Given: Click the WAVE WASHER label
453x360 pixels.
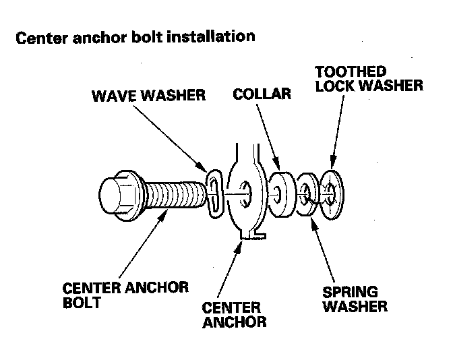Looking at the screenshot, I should point(148,96).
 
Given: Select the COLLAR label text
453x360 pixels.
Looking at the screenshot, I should point(262,94).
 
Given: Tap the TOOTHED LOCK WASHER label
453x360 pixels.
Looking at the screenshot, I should point(369,78).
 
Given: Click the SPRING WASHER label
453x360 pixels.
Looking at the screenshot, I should point(355,300).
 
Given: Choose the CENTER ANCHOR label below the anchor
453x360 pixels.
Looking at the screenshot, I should point(235,315).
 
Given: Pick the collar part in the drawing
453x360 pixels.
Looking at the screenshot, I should point(282,194).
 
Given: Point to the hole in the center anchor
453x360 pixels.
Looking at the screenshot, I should point(246,191).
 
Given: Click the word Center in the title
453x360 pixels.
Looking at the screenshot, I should point(37,36).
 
